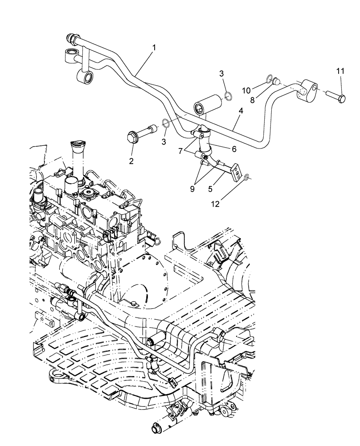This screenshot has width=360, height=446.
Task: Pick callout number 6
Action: click(233, 149)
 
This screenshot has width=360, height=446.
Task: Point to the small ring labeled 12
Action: click(246, 178)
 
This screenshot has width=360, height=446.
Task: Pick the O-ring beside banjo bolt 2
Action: click(165, 124)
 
